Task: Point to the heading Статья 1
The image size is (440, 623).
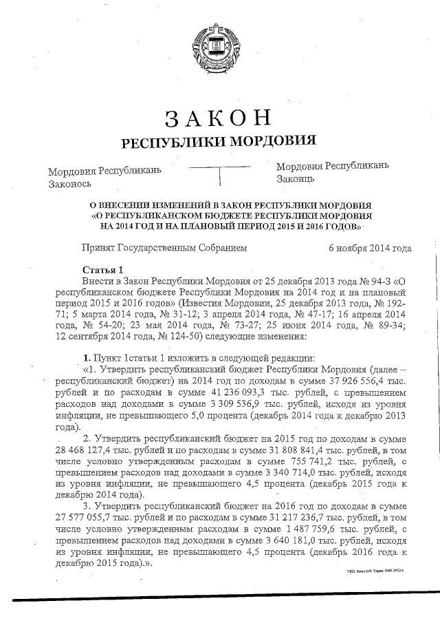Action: click(102, 269)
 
